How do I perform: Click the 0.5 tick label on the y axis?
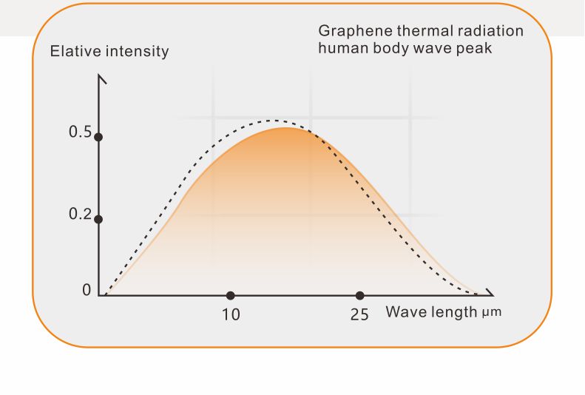[80, 132]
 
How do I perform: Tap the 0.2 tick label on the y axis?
[80, 215]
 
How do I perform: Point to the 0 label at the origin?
[87, 291]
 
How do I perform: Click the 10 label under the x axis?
[231, 314]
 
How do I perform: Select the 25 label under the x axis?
[359, 314]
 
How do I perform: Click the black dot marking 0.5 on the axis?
[98, 137]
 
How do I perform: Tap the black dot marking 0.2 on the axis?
[98, 219]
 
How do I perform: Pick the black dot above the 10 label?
[231, 295]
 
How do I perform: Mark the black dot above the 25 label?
[360, 295]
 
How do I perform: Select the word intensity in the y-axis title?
[136, 52]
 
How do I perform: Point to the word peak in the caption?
[476, 49]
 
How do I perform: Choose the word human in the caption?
[340, 49]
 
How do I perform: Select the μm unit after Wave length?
[491, 312]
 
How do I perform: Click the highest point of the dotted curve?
[274, 120]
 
